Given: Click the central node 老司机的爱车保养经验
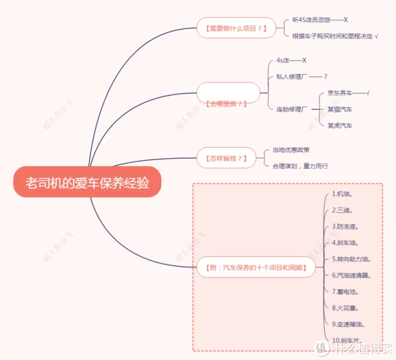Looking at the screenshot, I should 87,183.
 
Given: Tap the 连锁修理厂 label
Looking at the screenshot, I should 291,109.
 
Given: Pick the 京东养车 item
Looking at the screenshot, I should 341,93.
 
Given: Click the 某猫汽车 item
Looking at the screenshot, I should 340,109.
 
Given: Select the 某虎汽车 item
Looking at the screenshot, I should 340,125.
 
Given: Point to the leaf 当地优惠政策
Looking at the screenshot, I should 291,150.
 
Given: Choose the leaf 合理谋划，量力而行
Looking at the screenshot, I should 300,165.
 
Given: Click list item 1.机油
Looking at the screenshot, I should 342,195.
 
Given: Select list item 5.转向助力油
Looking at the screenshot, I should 351,259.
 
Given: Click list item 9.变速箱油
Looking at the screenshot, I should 348,324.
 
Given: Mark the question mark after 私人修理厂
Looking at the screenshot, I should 325,76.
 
